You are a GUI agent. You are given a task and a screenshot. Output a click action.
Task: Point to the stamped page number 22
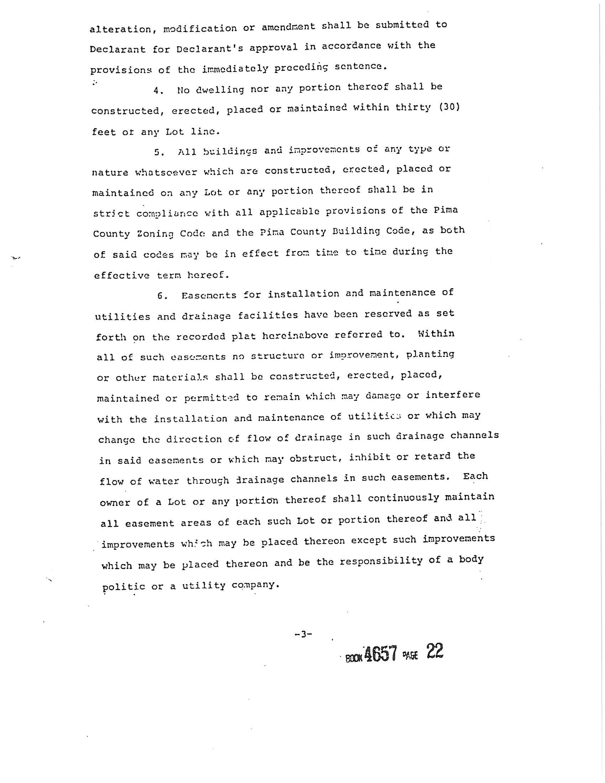(435, 651)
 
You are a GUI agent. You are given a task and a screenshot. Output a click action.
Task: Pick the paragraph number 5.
(159, 152)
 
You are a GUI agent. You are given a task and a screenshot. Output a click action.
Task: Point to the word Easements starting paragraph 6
(209, 296)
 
